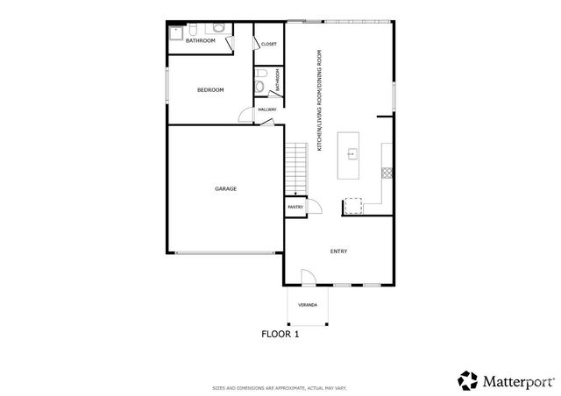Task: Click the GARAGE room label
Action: [x=226, y=188]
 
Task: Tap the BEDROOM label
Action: [x=210, y=90]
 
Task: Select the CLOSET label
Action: [x=269, y=44]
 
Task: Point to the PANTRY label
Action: [x=295, y=207]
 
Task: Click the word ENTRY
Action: [x=338, y=251]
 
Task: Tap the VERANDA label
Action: [x=307, y=307]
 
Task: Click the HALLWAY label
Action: [x=267, y=110]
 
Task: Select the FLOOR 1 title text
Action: [x=280, y=333]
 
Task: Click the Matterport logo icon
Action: [x=467, y=379]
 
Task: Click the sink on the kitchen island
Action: [x=352, y=154]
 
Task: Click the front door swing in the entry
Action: [x=309, y=278]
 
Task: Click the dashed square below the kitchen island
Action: [x=352, y=206]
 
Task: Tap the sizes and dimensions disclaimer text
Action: [x=280, y=387]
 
